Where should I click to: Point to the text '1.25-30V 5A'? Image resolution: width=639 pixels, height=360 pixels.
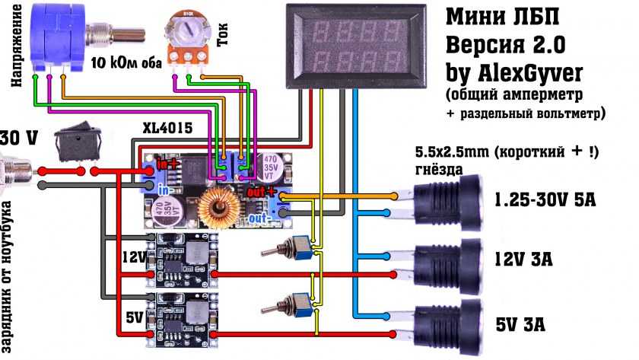[x=543, y=202]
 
